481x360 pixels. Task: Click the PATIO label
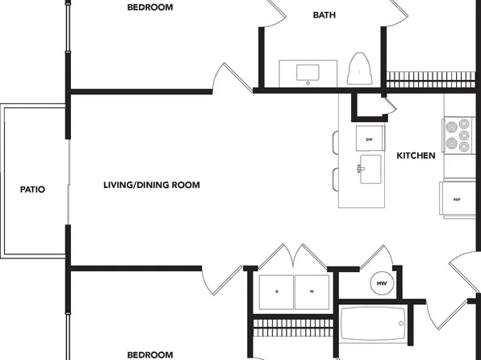[x=32, y=190]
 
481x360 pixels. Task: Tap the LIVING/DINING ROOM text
[x=152, y=185]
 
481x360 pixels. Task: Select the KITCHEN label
[x=416, y=156]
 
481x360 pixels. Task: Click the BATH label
[x=324, y=15]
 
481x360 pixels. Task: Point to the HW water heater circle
[x=382, y=283]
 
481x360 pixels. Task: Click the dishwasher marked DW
[x=370, y=138]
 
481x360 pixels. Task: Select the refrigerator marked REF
[x=458, y=199]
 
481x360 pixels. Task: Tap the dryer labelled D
[x=276, y=292]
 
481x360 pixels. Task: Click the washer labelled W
[x=312, y=292]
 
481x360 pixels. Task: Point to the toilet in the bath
[x=359, y=69]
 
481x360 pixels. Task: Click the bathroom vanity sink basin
[x=307, y=73]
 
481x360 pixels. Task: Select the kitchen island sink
[x=370, y=170]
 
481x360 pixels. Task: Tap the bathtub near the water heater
[x=373, y=323]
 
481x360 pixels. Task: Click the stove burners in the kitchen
[x=458, y=135]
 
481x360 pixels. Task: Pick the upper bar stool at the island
[x=335, y=142]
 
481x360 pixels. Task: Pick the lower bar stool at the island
[x=335, y=179]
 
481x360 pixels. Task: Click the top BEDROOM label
[x=150, y=7]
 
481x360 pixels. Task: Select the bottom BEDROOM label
[x=150, y=355]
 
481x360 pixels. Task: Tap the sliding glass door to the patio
[x=68, y=182]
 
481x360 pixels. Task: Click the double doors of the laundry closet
[x=293, y=256]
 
